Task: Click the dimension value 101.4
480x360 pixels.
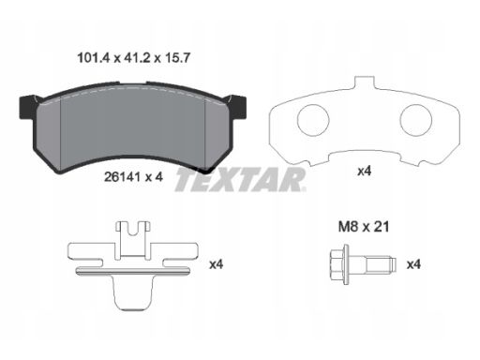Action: (x=94, y=58)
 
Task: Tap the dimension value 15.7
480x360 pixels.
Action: (x=177, y=58)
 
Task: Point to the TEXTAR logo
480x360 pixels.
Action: (x=240, y=179)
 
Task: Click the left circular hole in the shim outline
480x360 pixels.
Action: (x=313, y=120)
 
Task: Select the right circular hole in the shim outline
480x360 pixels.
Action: (x=416, y=120)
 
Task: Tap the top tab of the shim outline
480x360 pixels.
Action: (x=365, y=82)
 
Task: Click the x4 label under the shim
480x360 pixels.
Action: (x=365, y=171)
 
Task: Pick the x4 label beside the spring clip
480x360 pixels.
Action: (x=217, y=264)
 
